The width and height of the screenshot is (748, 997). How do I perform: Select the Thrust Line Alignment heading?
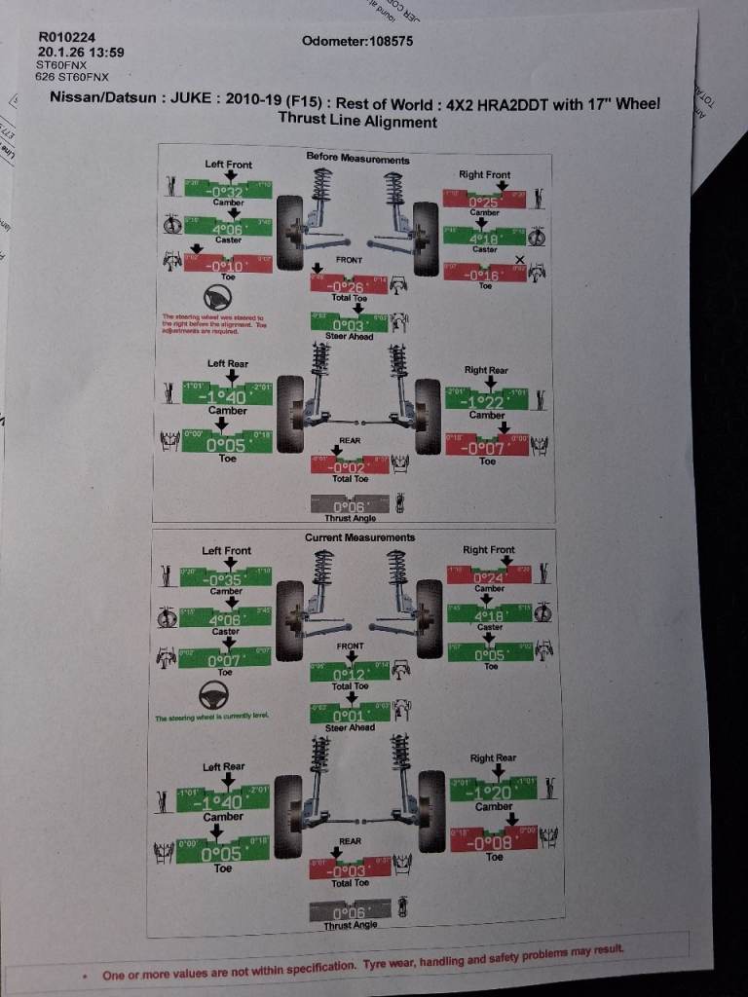(x=357, y=122)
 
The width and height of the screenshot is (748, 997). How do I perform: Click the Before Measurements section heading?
(x=357, y=158)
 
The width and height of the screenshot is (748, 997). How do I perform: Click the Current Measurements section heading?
(x=359, y=537)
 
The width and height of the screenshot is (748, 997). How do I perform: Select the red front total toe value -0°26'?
(x=348, y=286)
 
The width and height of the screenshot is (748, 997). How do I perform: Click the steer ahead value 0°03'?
(x=349, y=325)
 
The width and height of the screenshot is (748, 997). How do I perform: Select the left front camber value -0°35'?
(x=225, y=580)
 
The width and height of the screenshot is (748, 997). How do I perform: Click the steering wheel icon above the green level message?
(x=213, y=695)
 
